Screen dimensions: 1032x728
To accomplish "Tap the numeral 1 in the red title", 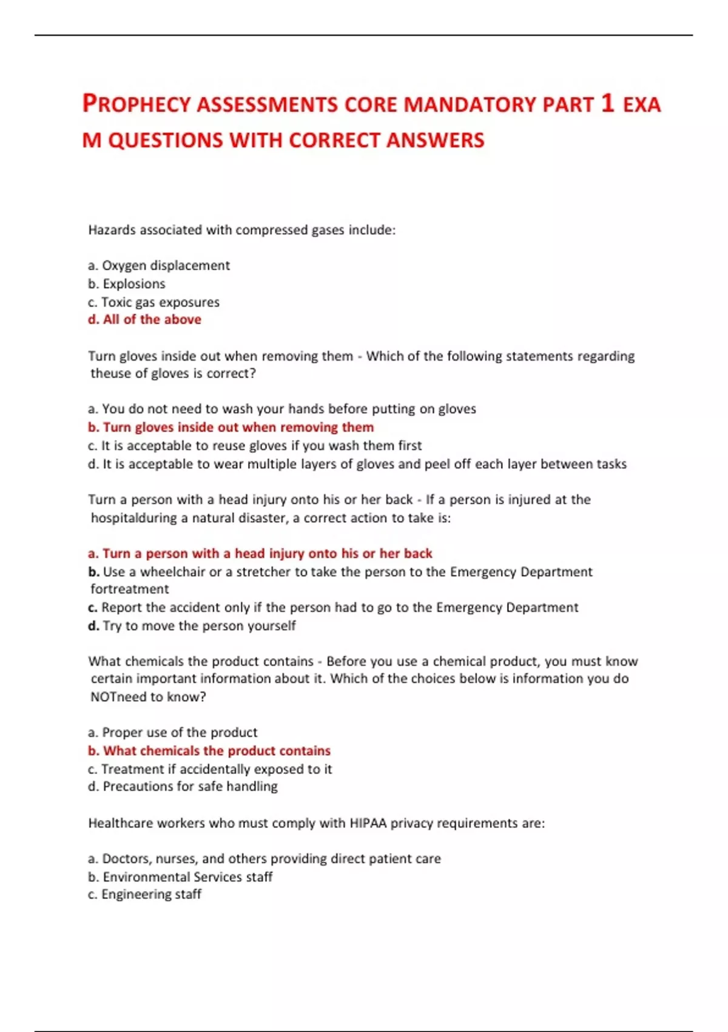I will [x=607, y=103].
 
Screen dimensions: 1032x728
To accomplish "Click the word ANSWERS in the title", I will [x=435, y=140].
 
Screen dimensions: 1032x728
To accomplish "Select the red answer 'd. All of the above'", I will [x=144, y=319].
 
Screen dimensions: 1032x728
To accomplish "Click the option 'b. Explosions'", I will [x=126, y=283].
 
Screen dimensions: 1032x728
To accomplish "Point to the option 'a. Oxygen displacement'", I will [x=158, y=265].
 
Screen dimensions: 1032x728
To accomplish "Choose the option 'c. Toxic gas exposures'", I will [x=153, y=302].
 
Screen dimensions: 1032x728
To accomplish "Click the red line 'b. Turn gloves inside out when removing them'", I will [x=231, y=427].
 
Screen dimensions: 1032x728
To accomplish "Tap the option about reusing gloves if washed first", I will [x=255, y=445].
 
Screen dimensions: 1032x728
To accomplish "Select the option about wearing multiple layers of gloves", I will [x=357, y=464].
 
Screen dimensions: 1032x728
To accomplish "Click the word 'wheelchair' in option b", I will [x=172, y=571].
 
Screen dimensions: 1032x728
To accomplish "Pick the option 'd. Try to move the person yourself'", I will [x=192, y=625].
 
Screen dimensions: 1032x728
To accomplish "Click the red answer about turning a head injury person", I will [x=260, y=553].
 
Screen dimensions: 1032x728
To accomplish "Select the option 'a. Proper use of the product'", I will [x=172, y=732].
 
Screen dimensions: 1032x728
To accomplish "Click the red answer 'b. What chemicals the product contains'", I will [x=209, y=750].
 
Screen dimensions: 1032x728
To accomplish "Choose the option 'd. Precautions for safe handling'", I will [x=183, y=786].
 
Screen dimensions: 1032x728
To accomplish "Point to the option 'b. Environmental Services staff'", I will [x=180, y=877].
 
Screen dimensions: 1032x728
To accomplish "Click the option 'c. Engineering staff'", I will [x=144, y=894].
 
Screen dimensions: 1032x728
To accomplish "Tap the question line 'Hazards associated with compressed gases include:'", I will [x=241, y=229].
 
